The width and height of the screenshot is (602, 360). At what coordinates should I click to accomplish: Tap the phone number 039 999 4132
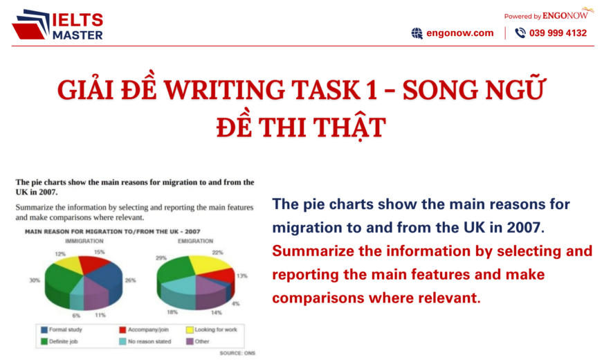(557, 33)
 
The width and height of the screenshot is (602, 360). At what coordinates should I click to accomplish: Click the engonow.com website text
(459, 33)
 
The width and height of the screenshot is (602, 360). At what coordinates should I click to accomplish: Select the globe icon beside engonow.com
(417, 33)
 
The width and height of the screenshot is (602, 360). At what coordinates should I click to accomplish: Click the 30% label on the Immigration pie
(33, 280)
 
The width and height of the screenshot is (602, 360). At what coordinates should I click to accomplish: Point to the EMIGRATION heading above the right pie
(195, 240)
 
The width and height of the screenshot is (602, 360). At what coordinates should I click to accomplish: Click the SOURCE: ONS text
(239, 353)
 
